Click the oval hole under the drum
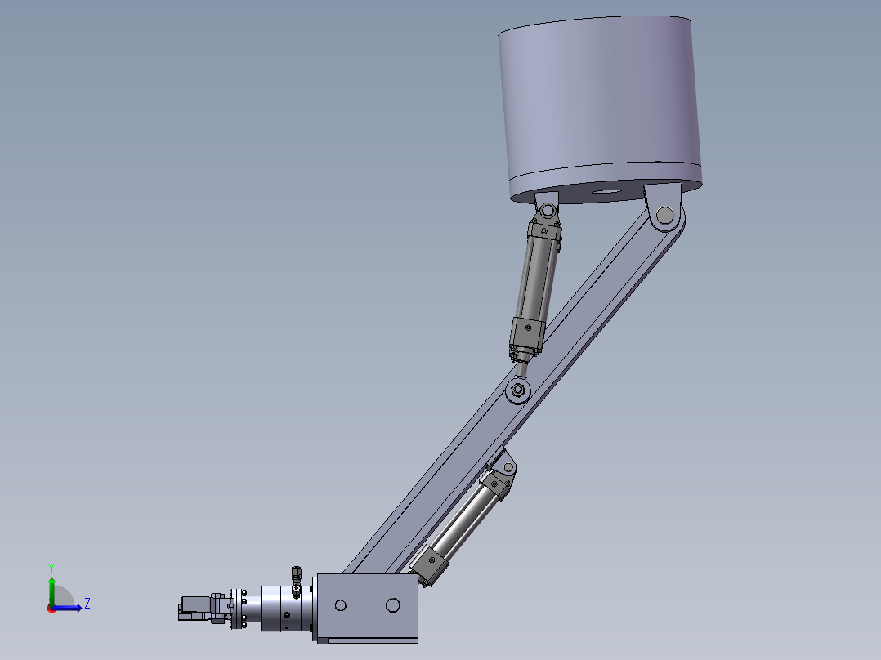point(607,192)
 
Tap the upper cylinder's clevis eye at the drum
point(546,212)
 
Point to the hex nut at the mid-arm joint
point(517,390)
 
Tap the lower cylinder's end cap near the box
point(430,564)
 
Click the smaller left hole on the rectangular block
point(341,605)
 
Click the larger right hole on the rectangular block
point(393,605)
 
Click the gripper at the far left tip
point(195,608)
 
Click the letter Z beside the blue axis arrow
point(87,604)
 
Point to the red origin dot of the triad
point(51,609)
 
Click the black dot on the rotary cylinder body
point(286,615)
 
